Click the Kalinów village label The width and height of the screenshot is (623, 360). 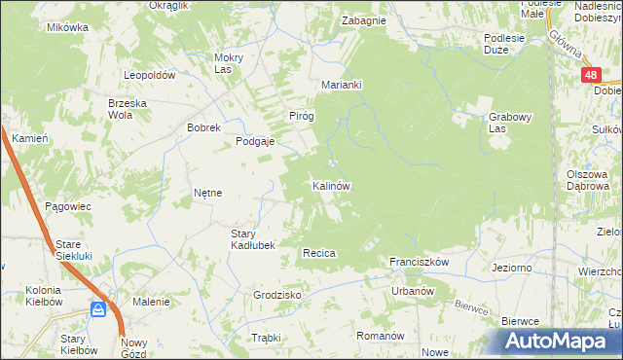coord(331,185)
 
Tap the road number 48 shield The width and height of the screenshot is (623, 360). coord(591,74)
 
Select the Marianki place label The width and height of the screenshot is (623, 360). coord(342,85)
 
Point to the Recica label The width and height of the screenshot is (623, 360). coord(319,253)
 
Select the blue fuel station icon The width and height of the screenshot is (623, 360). coord(98,308)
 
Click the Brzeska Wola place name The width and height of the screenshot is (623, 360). coord(107,108)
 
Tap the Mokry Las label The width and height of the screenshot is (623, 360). coord(228,63)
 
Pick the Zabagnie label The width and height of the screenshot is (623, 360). coord(364,20)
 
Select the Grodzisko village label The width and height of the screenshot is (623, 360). coord(276,295)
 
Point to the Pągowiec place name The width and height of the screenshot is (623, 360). coord(67,206)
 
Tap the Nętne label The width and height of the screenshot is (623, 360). coord(208,193)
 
